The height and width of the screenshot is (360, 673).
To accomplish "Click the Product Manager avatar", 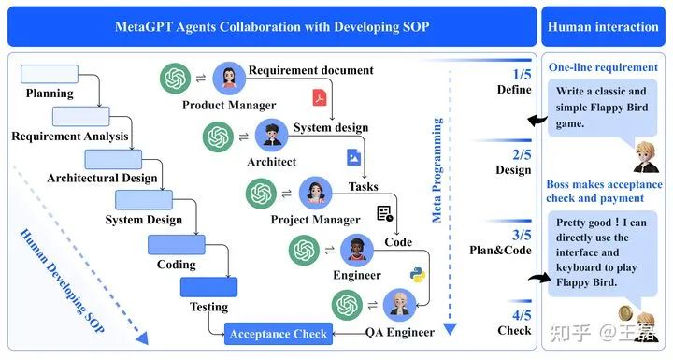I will (229, 79).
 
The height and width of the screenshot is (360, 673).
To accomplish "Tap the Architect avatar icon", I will (272, 137).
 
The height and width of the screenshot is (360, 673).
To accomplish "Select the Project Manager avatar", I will (316, 194).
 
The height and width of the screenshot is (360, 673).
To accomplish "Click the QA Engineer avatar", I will (400, 305).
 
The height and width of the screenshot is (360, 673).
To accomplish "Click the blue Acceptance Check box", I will (278, 333).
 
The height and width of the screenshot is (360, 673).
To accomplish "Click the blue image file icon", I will (353, 157).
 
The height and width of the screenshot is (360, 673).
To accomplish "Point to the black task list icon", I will (384, 214).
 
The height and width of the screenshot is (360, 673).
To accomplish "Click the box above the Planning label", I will (49, 74).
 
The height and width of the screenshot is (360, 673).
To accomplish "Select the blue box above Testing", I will (208, 287).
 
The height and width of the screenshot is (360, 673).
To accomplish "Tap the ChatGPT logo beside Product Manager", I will (175, 79).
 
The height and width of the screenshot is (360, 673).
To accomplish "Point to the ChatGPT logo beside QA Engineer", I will (346, 305).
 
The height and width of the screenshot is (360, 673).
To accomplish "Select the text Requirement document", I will (311, 70).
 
